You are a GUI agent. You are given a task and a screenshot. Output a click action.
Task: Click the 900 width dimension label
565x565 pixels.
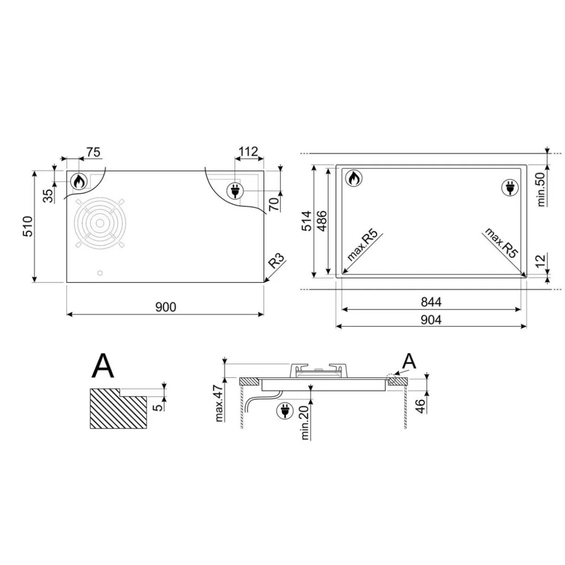(x=166, y=307)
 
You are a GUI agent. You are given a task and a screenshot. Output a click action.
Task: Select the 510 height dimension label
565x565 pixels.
(x=28, y=226)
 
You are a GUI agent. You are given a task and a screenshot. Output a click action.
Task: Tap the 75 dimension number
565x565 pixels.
(x=93, y=153)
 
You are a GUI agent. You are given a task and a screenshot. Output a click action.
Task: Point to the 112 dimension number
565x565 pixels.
(x=248, y=152)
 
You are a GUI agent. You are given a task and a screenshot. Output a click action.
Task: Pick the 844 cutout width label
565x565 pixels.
(x=431, y=302)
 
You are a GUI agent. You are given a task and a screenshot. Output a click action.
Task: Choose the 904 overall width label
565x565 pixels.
(x=431, y=320)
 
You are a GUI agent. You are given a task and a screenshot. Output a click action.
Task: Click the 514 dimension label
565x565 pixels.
(x=307, y=221)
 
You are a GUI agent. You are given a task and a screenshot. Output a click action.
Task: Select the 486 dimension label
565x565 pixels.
(x=322, y=221)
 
